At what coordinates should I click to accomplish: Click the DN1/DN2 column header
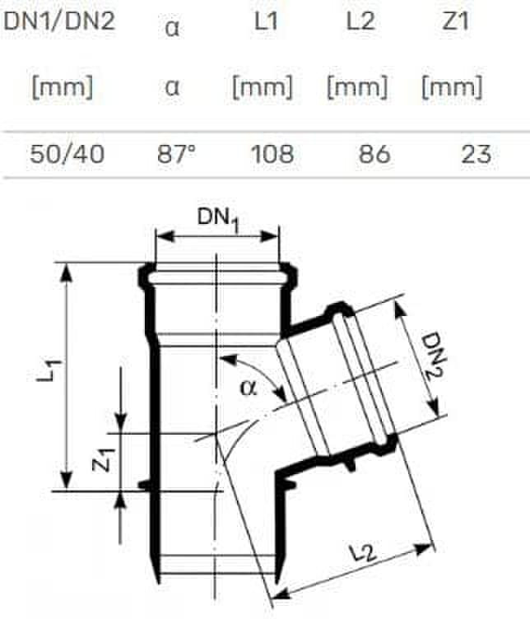coord(59,21)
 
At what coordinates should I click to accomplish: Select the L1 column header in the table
coord(266,21)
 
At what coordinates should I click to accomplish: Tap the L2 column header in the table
coord(360,21)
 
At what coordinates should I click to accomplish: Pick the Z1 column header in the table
coord(455,21)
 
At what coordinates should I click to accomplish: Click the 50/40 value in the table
coord(67,154)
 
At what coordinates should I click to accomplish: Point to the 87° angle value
coord(176,154)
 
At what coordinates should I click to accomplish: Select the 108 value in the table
coord(272,154)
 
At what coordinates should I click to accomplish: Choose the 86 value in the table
coord(374,154)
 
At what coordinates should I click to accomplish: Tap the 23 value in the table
coord(477,154)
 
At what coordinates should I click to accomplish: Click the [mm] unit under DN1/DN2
coord(63,87)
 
